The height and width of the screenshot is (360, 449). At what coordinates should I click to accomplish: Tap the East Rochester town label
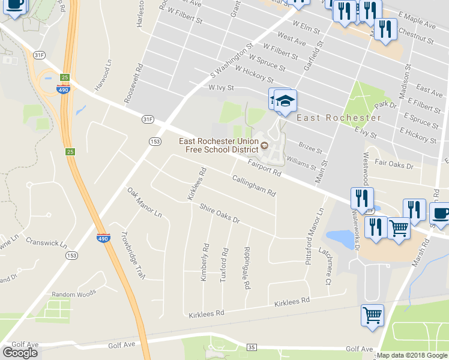coord(331,118)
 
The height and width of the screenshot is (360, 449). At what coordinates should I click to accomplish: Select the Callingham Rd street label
coord(254,186)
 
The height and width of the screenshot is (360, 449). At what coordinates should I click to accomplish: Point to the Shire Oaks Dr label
coord(220,215)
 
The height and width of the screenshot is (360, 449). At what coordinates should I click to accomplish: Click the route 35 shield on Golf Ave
coord(252,347)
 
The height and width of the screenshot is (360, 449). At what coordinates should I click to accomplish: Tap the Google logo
coord(20,352)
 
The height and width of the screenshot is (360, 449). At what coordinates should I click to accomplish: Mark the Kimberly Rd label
coord(205,262)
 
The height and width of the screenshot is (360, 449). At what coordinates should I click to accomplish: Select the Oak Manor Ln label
coord(145,202)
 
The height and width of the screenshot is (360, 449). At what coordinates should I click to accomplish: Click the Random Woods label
coord(74,294)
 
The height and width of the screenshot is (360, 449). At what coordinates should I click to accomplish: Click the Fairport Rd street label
coord(264,167)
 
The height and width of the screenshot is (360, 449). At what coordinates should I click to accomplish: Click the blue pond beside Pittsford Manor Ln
coord(342,239)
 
